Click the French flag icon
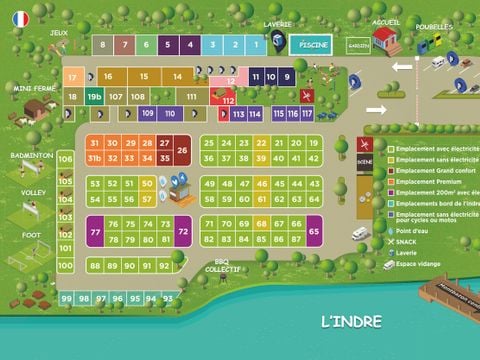click(x=19, y=18)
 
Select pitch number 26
click(x=182, y=150)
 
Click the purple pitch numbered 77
click(x=95, y=231)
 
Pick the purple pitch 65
click(x=314, y=231)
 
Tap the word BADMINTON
click(x=31, y=156)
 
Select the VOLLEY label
click(x=33, y=192)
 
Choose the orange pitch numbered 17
click(x=72, y=76)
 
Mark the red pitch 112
click(x=228, y=101)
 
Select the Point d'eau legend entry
click(x=415, y=231)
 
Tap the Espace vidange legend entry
click(x=422, y=265)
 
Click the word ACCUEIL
click(x=385, y=21)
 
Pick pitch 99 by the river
click(x=65, y=299)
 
